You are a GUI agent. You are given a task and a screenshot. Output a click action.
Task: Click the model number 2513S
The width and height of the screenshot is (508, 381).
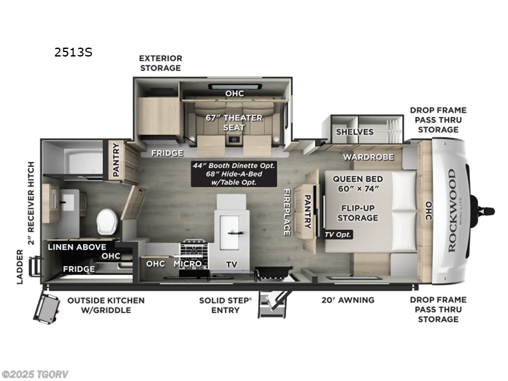click(x=74, y=52)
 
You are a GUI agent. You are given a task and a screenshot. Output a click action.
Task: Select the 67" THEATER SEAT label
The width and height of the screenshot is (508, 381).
click(x=225, y=121)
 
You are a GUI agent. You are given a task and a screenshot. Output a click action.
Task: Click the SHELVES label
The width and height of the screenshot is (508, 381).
click(x=355, y=131)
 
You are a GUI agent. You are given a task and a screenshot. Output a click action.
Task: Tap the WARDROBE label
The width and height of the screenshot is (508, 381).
click(x=369, y=156)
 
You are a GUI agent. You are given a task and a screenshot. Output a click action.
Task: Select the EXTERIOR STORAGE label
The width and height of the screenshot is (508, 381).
click(x=161, y=63)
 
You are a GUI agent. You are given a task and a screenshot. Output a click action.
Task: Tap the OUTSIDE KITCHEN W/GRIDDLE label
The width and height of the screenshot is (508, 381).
click(x=106, y=305)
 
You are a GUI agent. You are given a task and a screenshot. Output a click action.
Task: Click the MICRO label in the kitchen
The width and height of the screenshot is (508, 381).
click(x=187, y=264)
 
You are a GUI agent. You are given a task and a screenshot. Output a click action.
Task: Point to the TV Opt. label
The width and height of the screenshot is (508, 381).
click(x=338, y=234)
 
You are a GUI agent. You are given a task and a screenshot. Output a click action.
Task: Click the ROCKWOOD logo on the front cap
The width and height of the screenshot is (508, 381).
click(x=452, y=210)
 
